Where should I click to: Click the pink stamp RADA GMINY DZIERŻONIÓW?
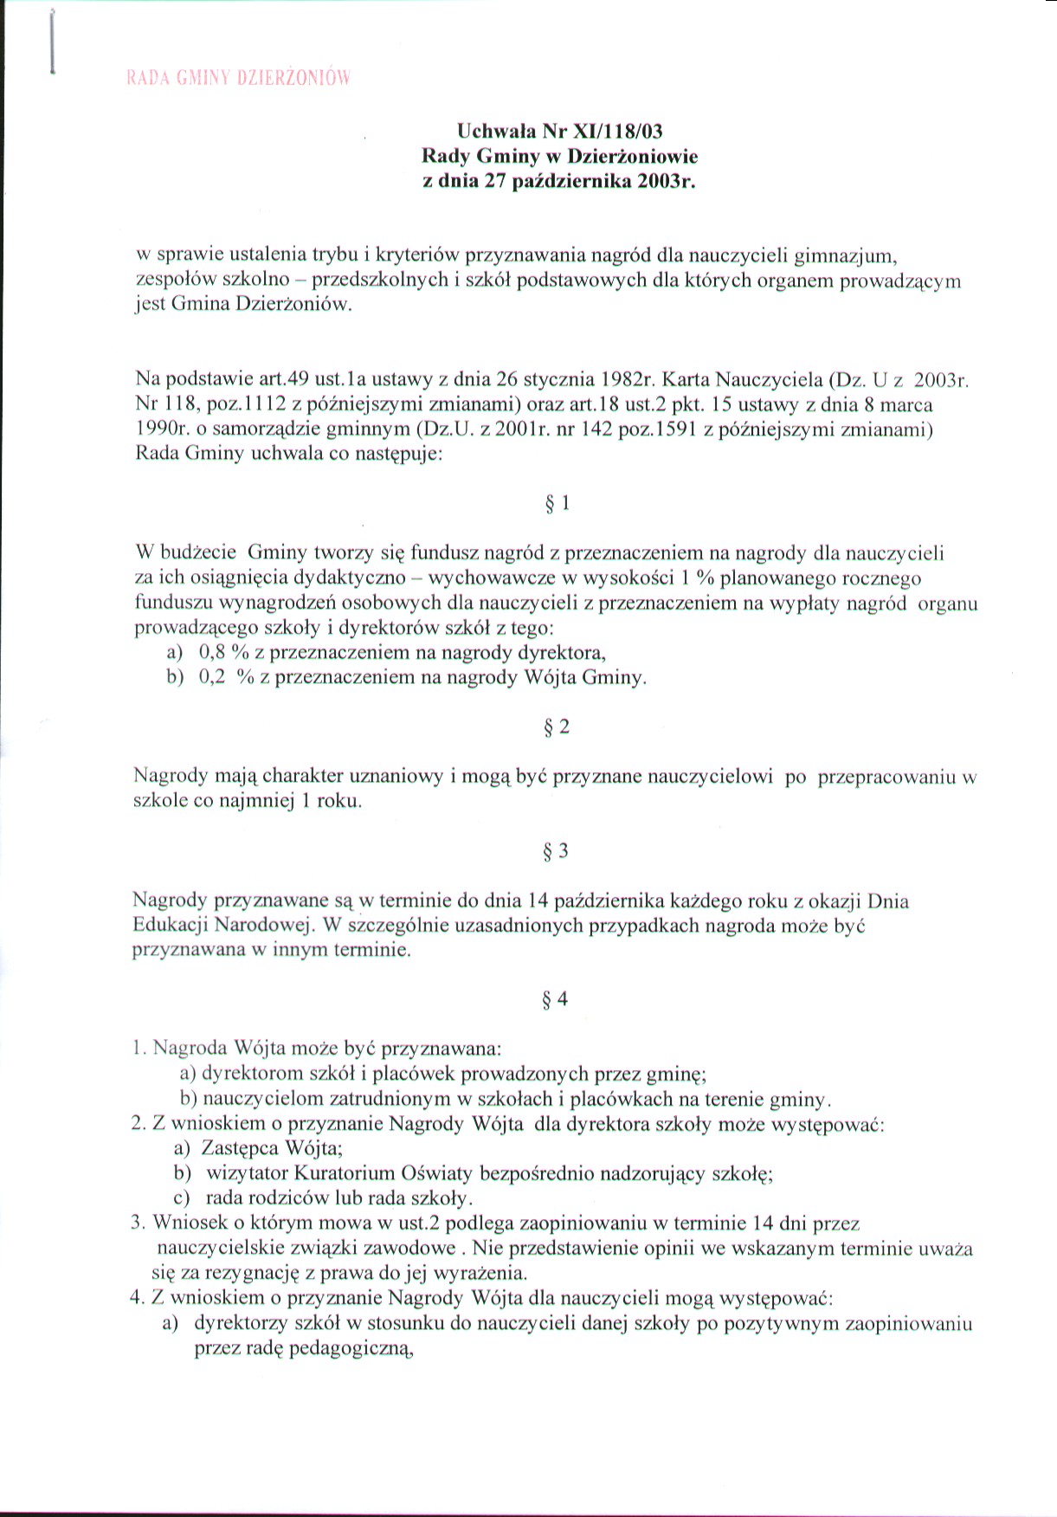tap(238, 78)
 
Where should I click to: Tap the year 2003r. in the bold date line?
tap(667, 182)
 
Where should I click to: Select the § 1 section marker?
tap(557, 503)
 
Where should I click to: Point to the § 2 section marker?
tap(557, 726)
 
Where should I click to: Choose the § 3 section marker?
tap(556, 851)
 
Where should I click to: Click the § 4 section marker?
tap(555, 999)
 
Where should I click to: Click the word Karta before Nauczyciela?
tap(686, 379)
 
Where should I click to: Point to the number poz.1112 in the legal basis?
tap(238, 403)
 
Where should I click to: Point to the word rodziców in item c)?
tap(285, 1199)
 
